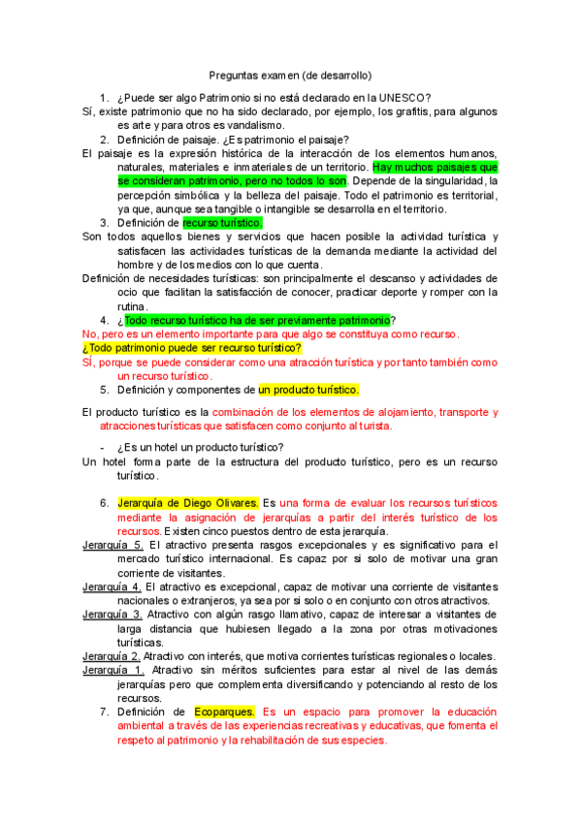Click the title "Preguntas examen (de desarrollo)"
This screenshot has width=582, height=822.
(291, 75)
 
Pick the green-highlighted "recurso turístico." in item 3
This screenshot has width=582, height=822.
(222, 222)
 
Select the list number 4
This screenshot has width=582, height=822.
(104, 320)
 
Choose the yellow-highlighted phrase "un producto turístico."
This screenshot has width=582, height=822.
(308, 390)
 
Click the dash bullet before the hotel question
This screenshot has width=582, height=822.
(104, 447)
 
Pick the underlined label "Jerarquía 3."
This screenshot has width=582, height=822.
(113, 615)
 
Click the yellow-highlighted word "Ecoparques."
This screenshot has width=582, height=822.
(224, 711)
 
